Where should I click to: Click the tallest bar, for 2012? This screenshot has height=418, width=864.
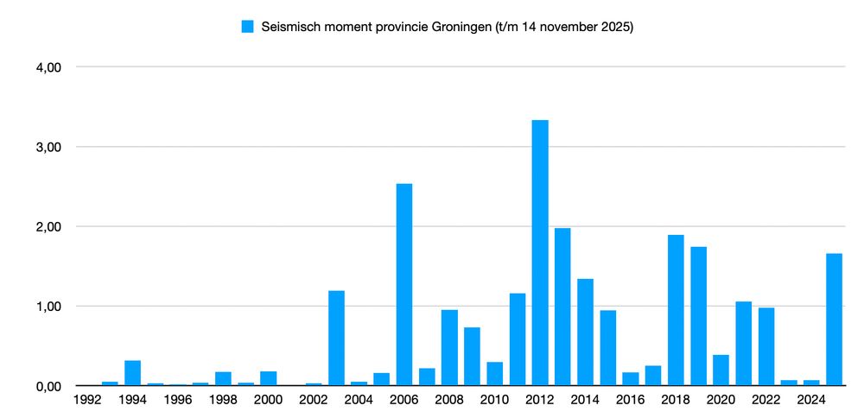[540, 252]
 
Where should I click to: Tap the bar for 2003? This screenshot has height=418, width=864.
[336, 338]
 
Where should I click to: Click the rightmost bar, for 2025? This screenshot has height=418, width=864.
[834, 320]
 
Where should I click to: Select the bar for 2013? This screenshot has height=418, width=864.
[562, 307]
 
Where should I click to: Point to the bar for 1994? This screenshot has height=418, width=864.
[133, 373]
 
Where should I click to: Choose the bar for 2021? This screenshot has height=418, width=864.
[744, 344]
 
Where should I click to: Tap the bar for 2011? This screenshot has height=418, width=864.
[518, 339]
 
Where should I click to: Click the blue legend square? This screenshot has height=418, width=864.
[248, 27]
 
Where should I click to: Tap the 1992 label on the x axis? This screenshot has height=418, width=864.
[87, 400]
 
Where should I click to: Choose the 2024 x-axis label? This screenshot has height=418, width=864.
[811, 400]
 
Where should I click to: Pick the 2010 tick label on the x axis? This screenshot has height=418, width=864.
[495, 400]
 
